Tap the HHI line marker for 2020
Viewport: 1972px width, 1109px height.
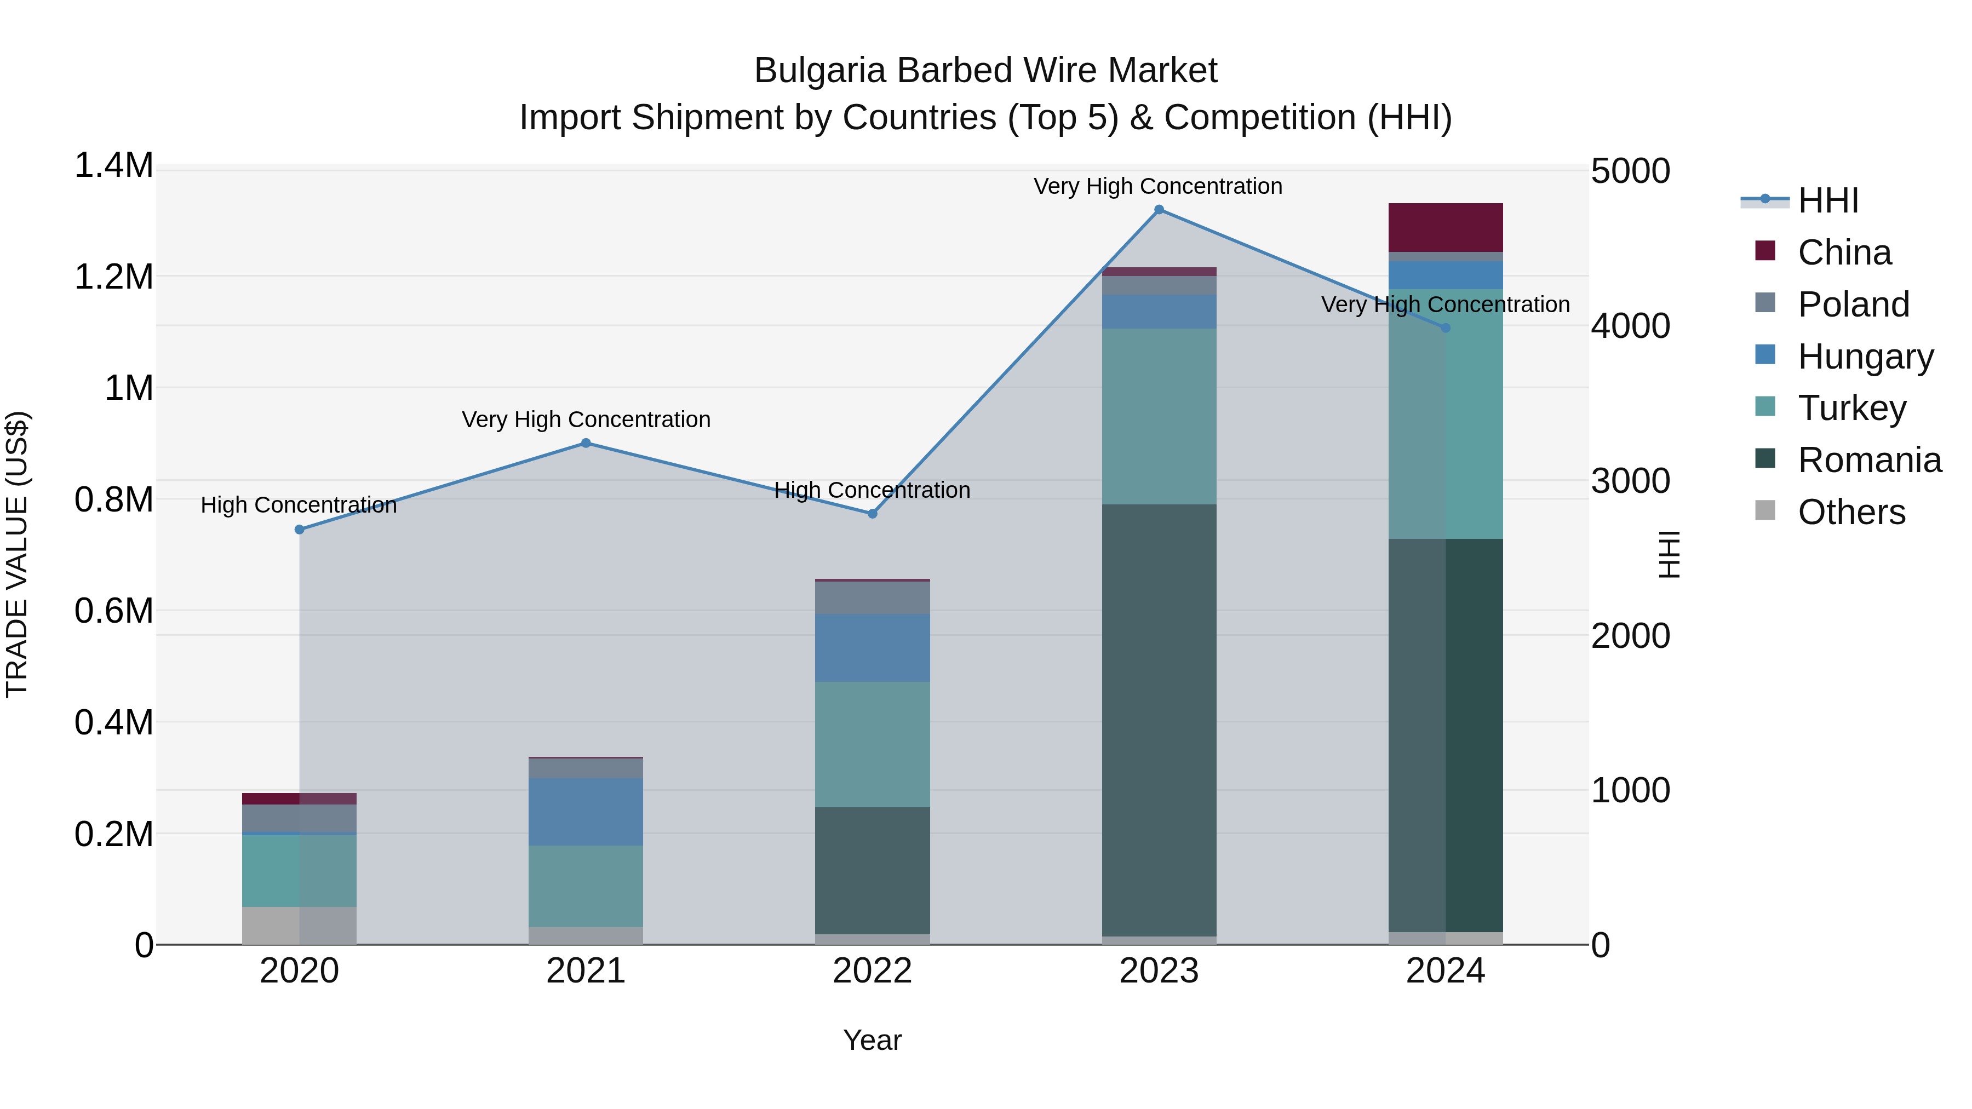click(x=299, y=530)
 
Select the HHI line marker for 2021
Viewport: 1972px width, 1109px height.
click(x=586, y=443)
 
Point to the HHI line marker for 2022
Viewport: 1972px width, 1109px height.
click(x=872, y=514)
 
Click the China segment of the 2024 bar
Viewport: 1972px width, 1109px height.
click(x=1446, y=227)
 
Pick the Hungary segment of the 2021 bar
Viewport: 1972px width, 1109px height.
click(x=586, y=812)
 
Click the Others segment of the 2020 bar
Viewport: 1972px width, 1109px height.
click(x=299, y=926)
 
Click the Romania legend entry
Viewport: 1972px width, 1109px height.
click(x=1868, y=460)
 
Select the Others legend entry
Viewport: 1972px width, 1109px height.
click(x=1851, y=512)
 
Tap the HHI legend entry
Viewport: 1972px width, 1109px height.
click(x=1827, y=200)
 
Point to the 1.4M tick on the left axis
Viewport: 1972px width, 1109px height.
click(x=114, y=166)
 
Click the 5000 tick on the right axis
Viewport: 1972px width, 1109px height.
click(x=1630, y=171)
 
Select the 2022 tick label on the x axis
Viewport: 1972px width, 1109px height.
click(x=872, y=971)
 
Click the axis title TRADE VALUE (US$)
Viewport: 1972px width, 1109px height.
click(x=17, y=554)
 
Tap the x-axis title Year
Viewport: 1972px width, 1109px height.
click(x=872, y=1040)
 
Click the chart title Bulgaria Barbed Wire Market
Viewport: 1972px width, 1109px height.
click(x=985, y=71)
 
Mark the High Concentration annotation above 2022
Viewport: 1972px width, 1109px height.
click(x=872, y=490)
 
